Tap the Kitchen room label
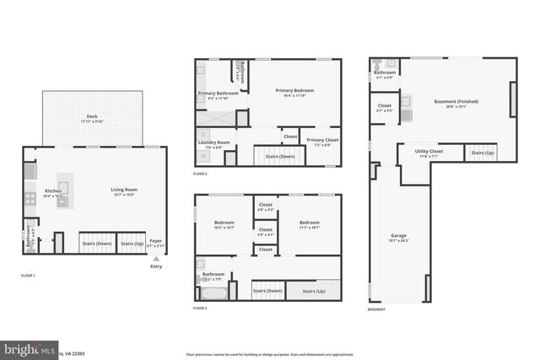52,191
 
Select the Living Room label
124,190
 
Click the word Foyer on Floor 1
155,240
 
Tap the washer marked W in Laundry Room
203,156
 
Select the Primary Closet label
321,140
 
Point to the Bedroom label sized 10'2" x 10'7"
223,223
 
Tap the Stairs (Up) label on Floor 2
313,291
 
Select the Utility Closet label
429,152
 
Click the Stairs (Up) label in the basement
482,153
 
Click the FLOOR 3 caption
200,174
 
